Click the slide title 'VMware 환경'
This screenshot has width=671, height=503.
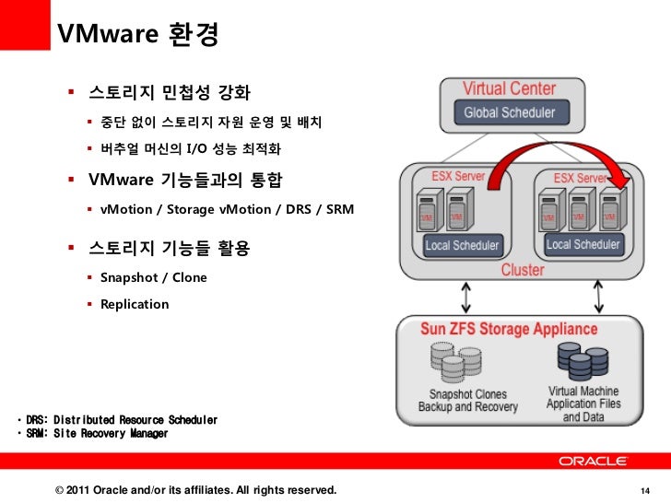pos(138,34)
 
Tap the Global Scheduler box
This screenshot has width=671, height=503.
pos(509,112)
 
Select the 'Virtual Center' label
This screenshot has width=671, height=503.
pos(509,89)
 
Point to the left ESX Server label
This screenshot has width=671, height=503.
pos(458,176)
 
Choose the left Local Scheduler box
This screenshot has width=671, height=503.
pos(462,246)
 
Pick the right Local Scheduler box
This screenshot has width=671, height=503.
pos(583,245)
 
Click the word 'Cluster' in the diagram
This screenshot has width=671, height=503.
pos(523,271)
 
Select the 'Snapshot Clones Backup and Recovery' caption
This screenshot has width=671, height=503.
pos(468,401)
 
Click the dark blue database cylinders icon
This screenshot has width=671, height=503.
pos(574,362)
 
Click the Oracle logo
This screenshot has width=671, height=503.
pos(592,461)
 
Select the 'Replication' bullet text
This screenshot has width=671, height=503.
pos(135,304)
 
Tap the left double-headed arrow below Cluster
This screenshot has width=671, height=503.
pos(465,297)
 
